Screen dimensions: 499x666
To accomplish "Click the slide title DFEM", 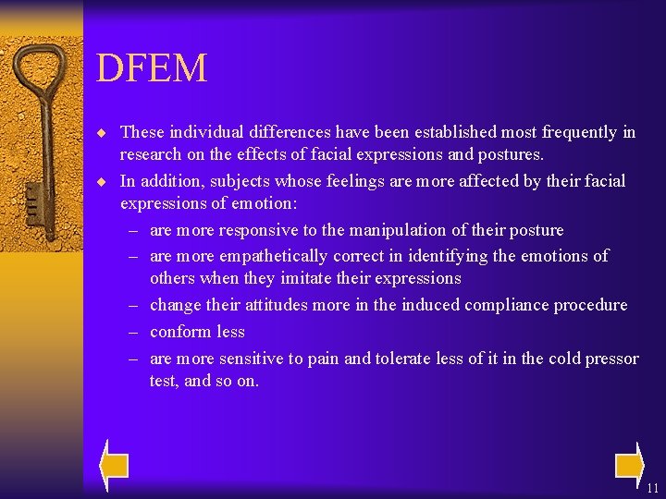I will coord(152,68).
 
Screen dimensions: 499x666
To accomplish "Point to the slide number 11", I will coord(653,488).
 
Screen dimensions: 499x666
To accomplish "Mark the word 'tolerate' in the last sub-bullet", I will coord(407,359).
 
